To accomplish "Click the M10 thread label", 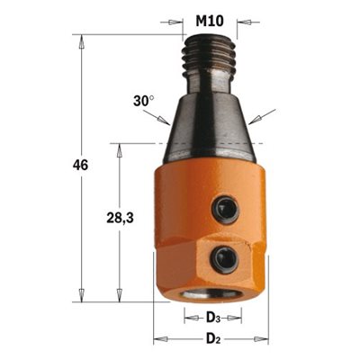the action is (x=210, y=22).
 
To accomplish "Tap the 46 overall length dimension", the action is (x=80, y=166).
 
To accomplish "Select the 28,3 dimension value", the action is (x=120, y=218).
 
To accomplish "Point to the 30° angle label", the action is (x=144, y=101).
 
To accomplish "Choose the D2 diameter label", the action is (x=213, y=339).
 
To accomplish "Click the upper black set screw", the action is (x=225, y=208).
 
